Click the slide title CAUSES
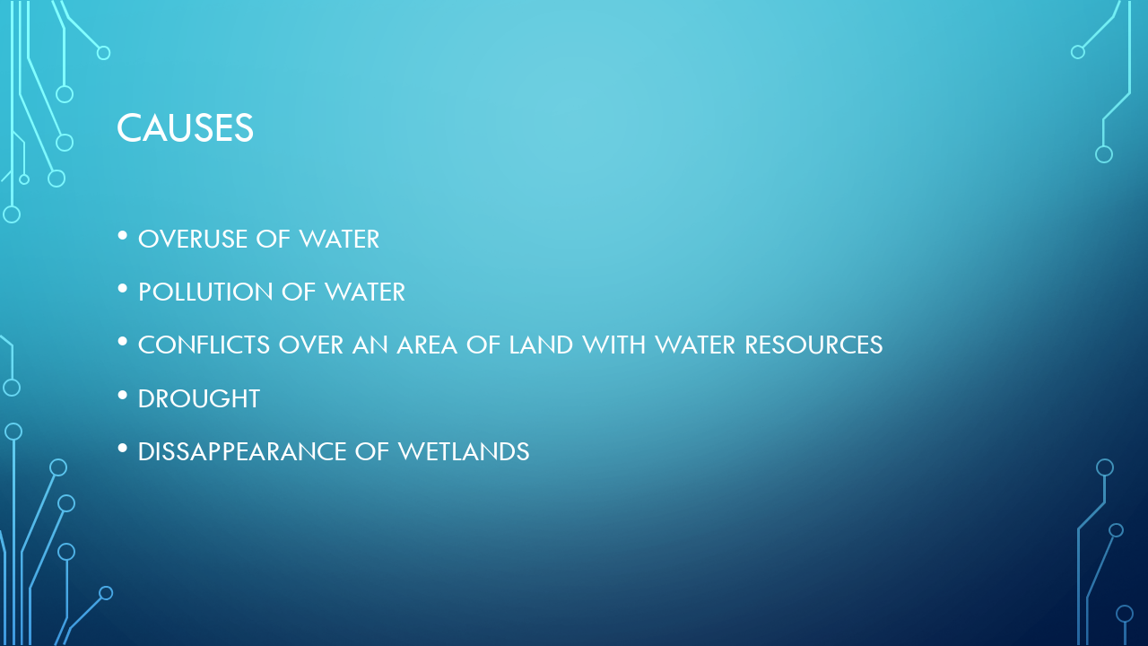point(185,127)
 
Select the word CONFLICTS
point(204,345)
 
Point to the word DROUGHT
point(199,399)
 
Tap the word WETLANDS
point(464,451)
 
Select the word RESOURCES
point(813,345)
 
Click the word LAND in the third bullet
point(541,345)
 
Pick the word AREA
point(427,345)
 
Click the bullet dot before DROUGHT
point(123,396)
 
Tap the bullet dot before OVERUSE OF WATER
point(123,236)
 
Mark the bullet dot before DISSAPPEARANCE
point(123,449)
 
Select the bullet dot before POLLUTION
point(123,289)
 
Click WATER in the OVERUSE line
point(339,240)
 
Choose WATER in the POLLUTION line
point(365,292)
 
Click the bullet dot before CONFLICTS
point(123,342)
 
